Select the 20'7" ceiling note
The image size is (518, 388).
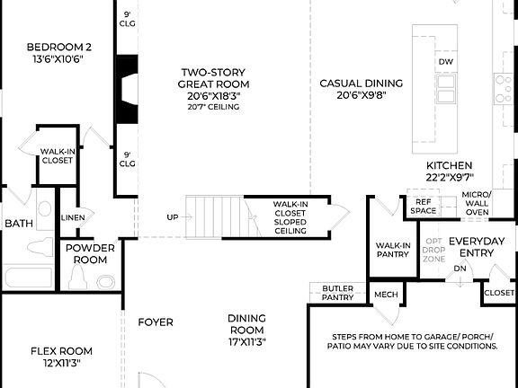(x=213, y=107)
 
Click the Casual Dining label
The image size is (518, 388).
(x=361, y=89)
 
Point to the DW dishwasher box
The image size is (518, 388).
(x=446, y=61)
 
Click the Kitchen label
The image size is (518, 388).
(x=450, y=172)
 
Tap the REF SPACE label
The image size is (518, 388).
(x=423, y=207)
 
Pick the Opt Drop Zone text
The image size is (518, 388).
(x=433, y=251)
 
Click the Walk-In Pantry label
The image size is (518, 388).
(x=393, y=251)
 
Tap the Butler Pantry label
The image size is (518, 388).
(x=338, y=293)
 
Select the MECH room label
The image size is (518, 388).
(x=386, y=294)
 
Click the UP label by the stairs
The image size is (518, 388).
(x=173, y=217)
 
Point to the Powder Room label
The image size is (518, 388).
(x=89, y=254)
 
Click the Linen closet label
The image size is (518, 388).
(x=73, y=217)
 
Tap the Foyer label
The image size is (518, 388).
(x=155, y=322)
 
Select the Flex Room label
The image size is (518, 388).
(x=61, y=357)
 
